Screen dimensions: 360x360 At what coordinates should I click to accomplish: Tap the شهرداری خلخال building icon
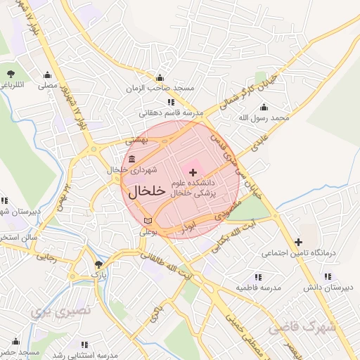pyautogui.click(x=133, y=159)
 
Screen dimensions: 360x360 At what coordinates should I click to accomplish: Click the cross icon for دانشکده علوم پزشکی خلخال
pyautogui.click(x=193, y=172)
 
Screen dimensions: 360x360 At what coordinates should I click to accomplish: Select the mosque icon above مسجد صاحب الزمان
pyautogui.click(x=160, y=78)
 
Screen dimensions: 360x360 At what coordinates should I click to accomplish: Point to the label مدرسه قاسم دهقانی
pyautogui.click(x=170, y=112)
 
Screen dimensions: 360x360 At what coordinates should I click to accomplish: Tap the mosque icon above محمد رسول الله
pyautogui.click(x=264, y=107)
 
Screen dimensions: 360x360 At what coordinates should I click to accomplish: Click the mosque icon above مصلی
pyautogui.click(x=48, y=75)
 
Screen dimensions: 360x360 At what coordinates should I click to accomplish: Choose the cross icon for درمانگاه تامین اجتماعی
pyautogui.click(x=299, y=242)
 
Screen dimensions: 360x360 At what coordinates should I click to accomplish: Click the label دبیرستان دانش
pyautogui.click(x=328, y=288)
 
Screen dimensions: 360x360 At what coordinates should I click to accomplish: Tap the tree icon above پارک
pyautogui.click(x=98, y=265)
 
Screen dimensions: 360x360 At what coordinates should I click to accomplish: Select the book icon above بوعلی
pyautogui.click(x=146, y=221)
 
